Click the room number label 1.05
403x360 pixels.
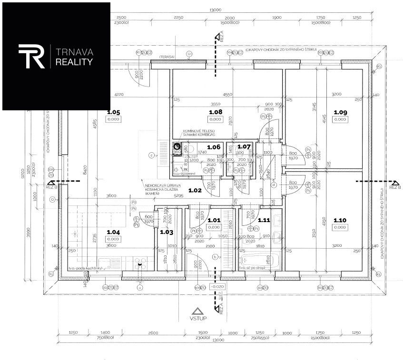pyautogui.click(x=114, y=113)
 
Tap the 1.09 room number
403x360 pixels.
pyautogui.click(x=340, y=112)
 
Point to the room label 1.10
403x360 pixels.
pyautogui.click(x=340, y=220)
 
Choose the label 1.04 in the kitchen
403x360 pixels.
pyautogui.click(x=113, y=232)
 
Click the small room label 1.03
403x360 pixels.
pyautogui.click(x=166, y=232)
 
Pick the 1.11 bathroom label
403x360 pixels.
pyautogui.click(x=264, y=220)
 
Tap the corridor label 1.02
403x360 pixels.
pyautogui.click(x=195, y=190)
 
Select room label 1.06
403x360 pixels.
pyautogui.click(x=214, y=147)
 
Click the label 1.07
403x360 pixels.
pyautogui.click(x=244, y=147)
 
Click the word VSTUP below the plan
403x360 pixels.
pyautogui.click(x=198, y=320)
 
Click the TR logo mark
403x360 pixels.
pyautogui.click(x=32, y=56)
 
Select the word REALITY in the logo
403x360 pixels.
pyautogui.click(x=74, y=62)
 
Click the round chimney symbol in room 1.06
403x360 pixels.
pyautogui.click(x=177, y=147)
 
